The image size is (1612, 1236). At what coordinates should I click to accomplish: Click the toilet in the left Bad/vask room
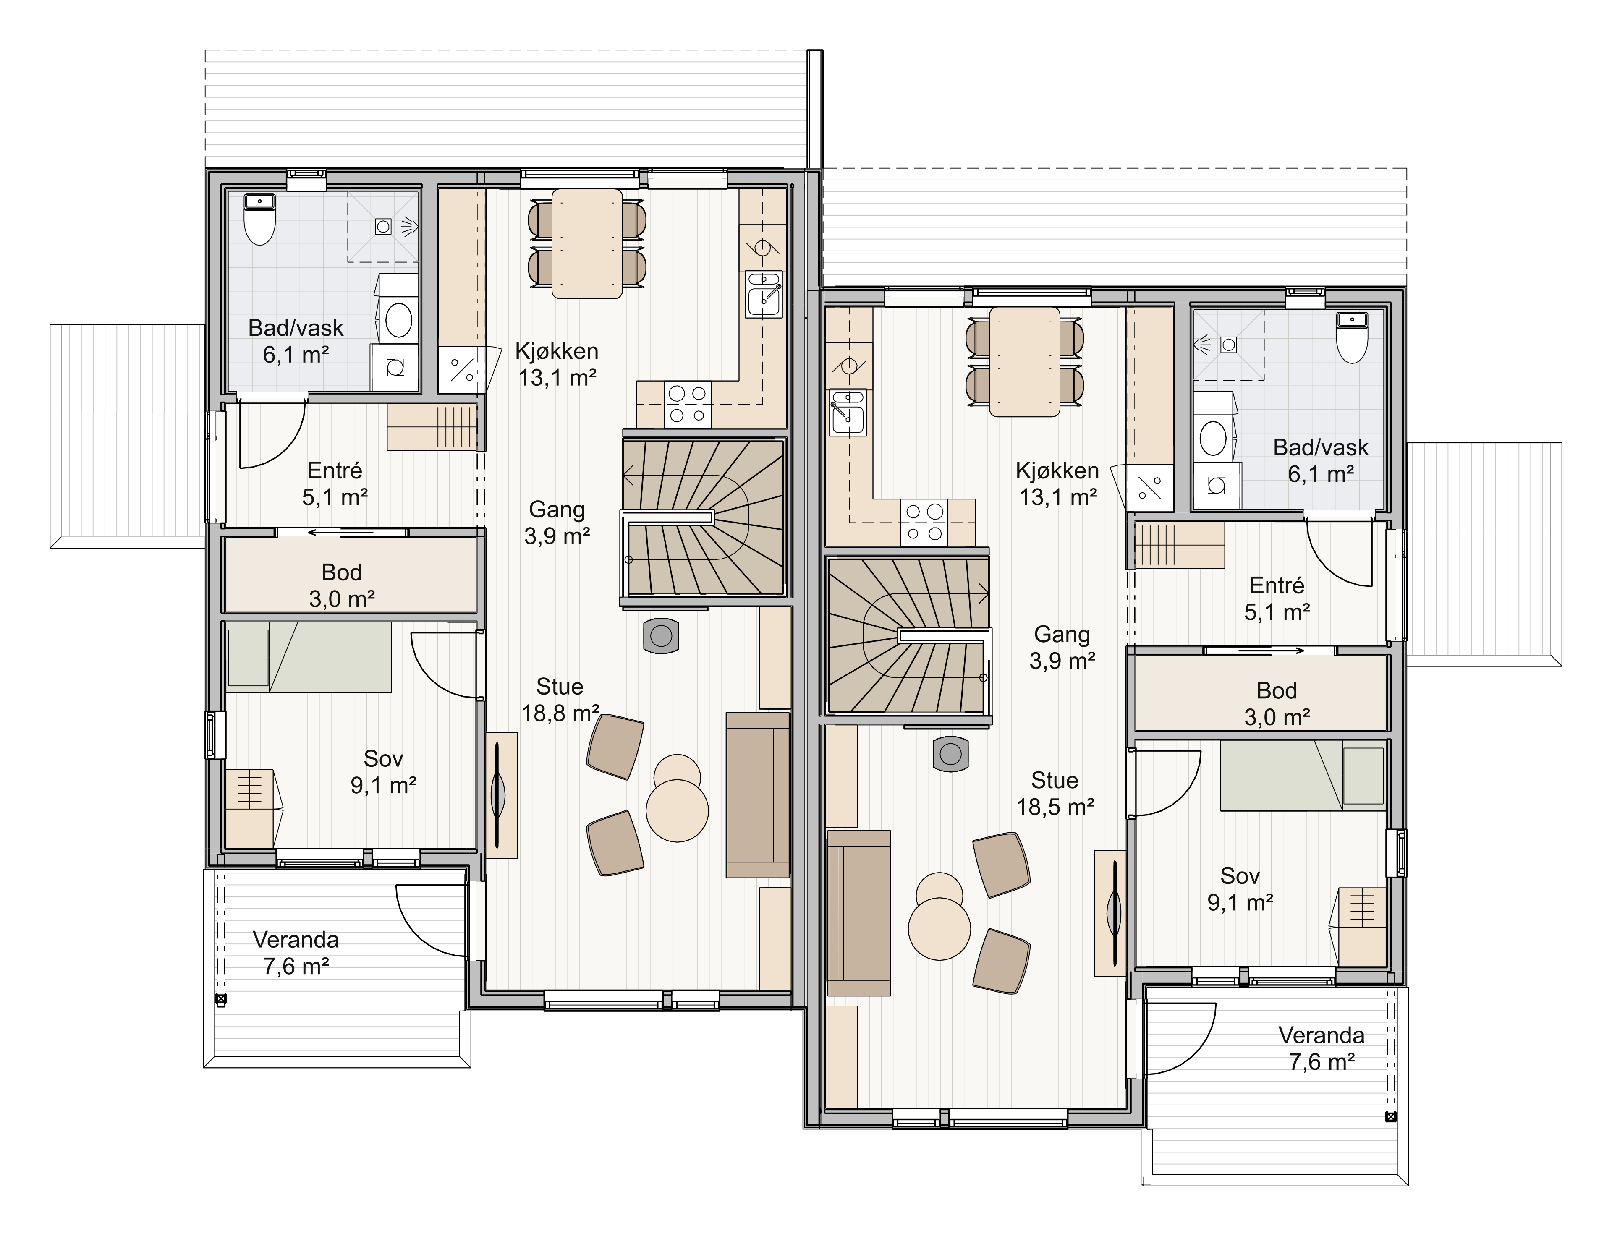click(x=259, y=219)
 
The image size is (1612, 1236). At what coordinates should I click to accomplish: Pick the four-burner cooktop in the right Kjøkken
click(x=924, y=523)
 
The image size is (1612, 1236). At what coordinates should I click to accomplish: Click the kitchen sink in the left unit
click(x=764, y=294)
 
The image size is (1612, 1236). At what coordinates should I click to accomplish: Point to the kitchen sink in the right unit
click(x=848, y=413)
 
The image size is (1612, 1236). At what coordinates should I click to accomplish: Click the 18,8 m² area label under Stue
click(x=560, y=713)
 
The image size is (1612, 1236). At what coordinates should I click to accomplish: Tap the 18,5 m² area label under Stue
click(x=1055, y=807)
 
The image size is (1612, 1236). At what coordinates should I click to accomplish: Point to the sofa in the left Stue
click(x=758, y=794)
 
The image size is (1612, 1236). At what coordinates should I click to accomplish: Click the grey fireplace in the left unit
click(x=661, y=636)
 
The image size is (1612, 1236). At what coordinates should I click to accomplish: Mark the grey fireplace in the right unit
click(x=950, y=754)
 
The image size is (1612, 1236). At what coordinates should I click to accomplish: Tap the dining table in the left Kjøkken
click(x=587, y=243)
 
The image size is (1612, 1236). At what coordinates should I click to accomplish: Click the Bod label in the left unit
click(x=341, y=572)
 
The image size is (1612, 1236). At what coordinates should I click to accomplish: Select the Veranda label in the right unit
click(x=1322, y=1035)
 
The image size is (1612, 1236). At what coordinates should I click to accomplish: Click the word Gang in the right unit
click(x=1062, y=634)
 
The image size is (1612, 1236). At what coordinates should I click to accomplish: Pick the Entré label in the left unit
click(x=335, y=470)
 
